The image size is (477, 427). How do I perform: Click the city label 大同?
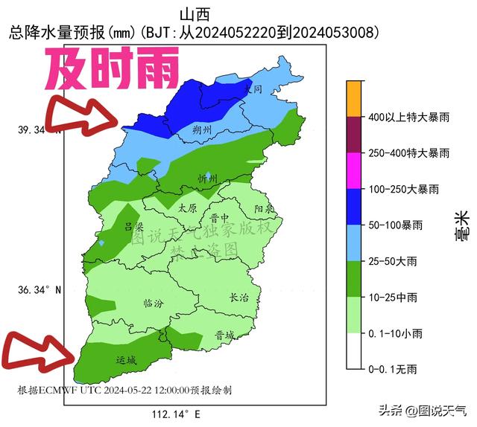[254, 89]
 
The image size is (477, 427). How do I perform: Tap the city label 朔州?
[201, 130]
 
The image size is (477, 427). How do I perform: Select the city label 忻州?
[207, 179]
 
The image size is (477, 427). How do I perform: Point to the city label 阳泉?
[264, 209]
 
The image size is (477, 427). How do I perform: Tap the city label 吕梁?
[133, 227]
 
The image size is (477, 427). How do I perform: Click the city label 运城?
[127, 361]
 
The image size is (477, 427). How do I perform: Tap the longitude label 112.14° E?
[177, 414]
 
